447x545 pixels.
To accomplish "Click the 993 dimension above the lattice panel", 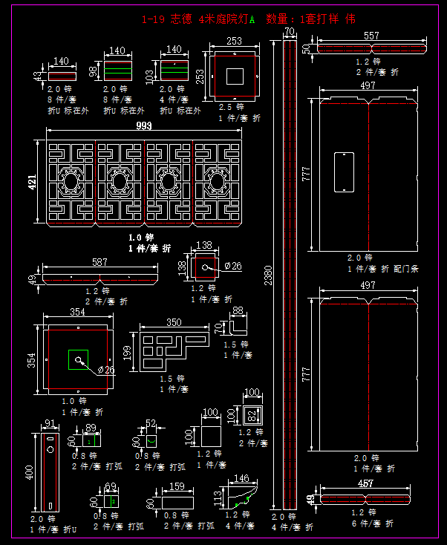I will click(x=144, y=126).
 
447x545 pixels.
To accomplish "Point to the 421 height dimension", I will click(x=33, y=183).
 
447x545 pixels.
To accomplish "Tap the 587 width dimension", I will click(x=99, y=262).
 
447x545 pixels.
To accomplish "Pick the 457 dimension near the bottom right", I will click(x=366, y=484).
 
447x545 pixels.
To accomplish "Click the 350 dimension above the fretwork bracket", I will click(x=174, y=323).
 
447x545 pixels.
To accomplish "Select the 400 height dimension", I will click(x=30, y=472).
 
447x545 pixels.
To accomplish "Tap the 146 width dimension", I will click(x=241, y=479).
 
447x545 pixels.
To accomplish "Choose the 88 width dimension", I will click(x=238, y=311).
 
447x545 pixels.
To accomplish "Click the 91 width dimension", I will click(x=50, y=424).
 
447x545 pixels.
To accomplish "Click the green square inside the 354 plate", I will click(x=78, y=359).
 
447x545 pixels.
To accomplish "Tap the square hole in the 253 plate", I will click(x=234, y=76).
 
